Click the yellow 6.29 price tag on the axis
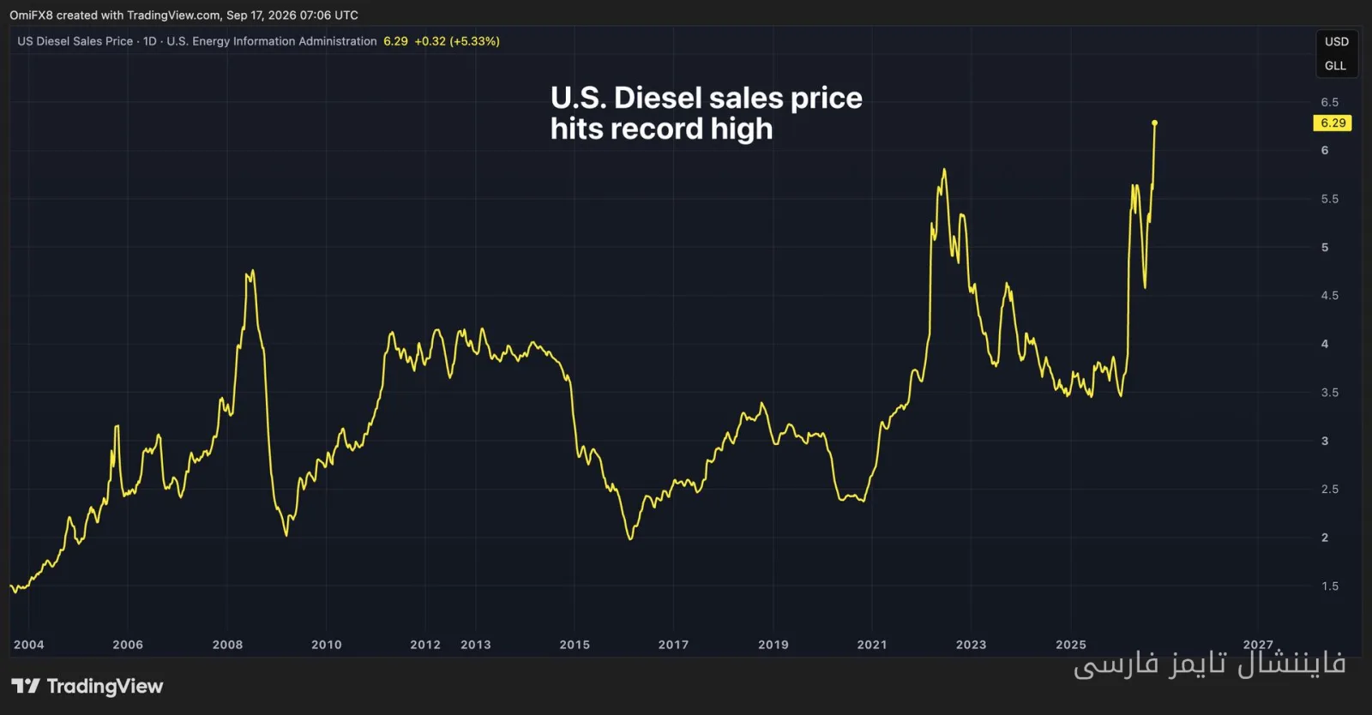point(1333,123)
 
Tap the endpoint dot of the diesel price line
point(1154,123)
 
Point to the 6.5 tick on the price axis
point(1329,102)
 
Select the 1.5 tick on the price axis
point(1329,586)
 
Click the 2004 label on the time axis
point(29,645)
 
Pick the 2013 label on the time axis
point(475,645)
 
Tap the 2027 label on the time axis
point(1257,645)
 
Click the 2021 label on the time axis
point(871,645)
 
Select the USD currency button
point(1337,42)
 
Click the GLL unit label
point(1335,66)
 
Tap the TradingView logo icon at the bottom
point(26,686)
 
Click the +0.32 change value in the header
point(430,41)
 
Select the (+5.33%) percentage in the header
point(475,41)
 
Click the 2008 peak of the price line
point(253,271)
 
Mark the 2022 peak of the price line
point(944,170)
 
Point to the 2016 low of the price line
point(630,538)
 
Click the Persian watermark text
point(1210,664)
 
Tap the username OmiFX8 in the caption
point(31,15)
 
